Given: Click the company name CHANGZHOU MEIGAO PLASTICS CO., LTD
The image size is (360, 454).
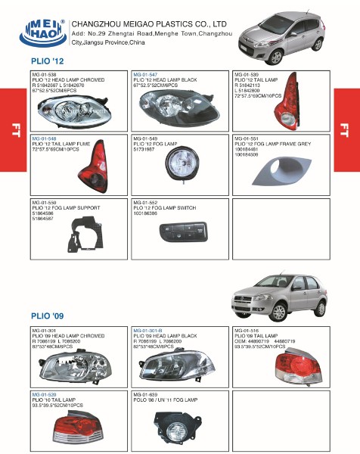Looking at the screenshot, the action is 154,23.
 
